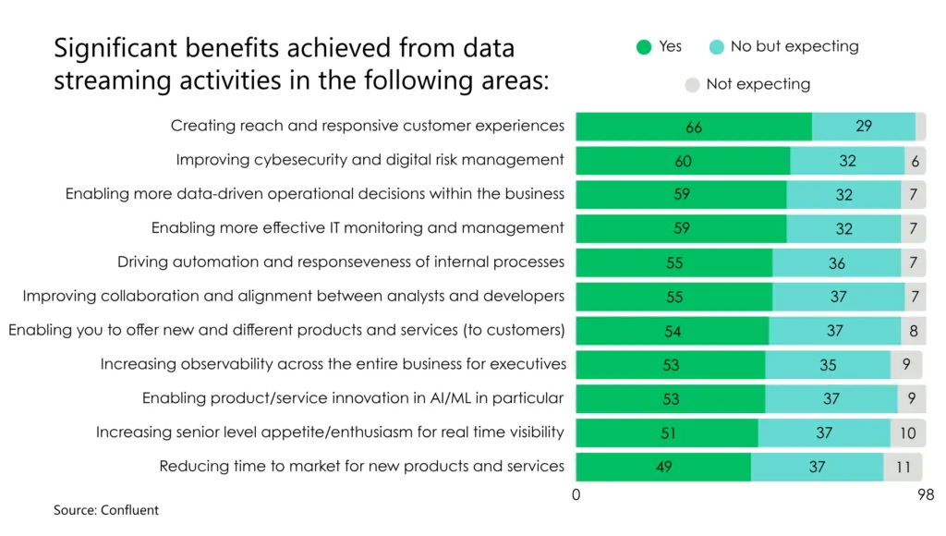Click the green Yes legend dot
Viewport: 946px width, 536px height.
click(644, 47)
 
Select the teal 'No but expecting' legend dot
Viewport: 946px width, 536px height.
click(716, 47)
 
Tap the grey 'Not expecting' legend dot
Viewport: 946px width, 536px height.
click(692, 85)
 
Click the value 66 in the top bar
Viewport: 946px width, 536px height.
click(694, 128)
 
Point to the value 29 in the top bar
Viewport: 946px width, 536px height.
click(864, 126)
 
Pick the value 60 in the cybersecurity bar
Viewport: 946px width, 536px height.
click(683, 161)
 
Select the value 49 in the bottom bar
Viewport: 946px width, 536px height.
click(663, 467)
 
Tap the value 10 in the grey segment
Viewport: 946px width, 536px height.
click(908, 432)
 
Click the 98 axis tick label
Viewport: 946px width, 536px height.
click(926, 495)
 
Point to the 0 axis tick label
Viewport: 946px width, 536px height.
click(576, 495)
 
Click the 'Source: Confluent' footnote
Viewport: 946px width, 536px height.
click(105, 510)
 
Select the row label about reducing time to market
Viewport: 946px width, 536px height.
click(361, 466)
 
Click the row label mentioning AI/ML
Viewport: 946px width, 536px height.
click(352, 398)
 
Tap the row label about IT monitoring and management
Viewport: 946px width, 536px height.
click(358, 227)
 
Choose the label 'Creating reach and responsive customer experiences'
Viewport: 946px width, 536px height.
click(367, 126)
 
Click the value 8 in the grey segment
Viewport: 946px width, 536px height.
click(913, 331)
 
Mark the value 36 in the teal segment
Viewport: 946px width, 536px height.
click(837, 263)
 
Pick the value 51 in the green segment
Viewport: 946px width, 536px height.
click(667, 432)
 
